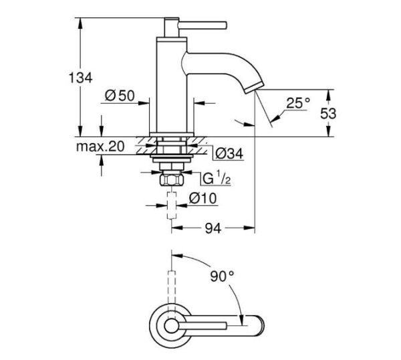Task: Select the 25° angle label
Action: [x=298, y=103]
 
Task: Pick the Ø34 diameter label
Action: [x=229, y=154]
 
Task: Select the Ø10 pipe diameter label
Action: [x=201, y=199]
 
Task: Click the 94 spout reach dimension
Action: [x=212, y=229]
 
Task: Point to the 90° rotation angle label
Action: [x=223, y=275]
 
